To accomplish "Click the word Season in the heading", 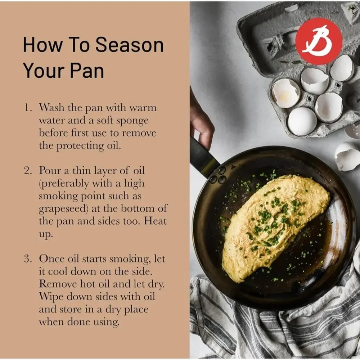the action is point(130,45).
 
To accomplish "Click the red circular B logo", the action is point(319,41).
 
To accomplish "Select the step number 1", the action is point(28,108).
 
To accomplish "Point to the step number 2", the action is point(28,171).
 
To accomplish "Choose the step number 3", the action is point(28,259).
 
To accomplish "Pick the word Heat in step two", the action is point(155,221).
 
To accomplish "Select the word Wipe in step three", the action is point(51,297).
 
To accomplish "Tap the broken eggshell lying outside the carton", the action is point(347,156).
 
